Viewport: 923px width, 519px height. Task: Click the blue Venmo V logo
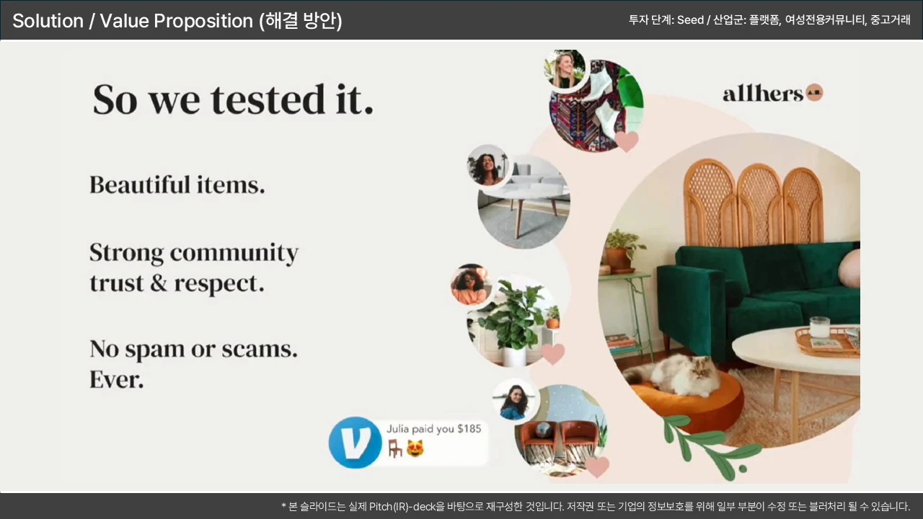(355, 443)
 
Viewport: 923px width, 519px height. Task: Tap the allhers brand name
(763, 94)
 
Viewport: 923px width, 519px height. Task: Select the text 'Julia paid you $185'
(433, 429)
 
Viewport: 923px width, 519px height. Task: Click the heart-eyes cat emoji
(415, 448)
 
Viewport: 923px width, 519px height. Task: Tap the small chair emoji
(394, 448)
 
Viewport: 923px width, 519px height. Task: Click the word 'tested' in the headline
(268, 99)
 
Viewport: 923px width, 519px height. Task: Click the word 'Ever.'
(117, 379)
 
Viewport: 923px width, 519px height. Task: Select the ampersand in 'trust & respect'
(158, 283)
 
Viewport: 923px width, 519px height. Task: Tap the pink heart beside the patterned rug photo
(627, 141)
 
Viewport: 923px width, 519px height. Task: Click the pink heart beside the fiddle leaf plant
(552, 354)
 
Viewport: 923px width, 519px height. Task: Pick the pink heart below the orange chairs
(597, 466)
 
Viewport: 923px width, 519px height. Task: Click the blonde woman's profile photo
(565, 68)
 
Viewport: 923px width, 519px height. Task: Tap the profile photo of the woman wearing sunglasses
(471, 285)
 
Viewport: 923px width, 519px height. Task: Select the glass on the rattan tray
(819, 327)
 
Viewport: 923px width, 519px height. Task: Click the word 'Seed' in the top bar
(690, 19)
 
